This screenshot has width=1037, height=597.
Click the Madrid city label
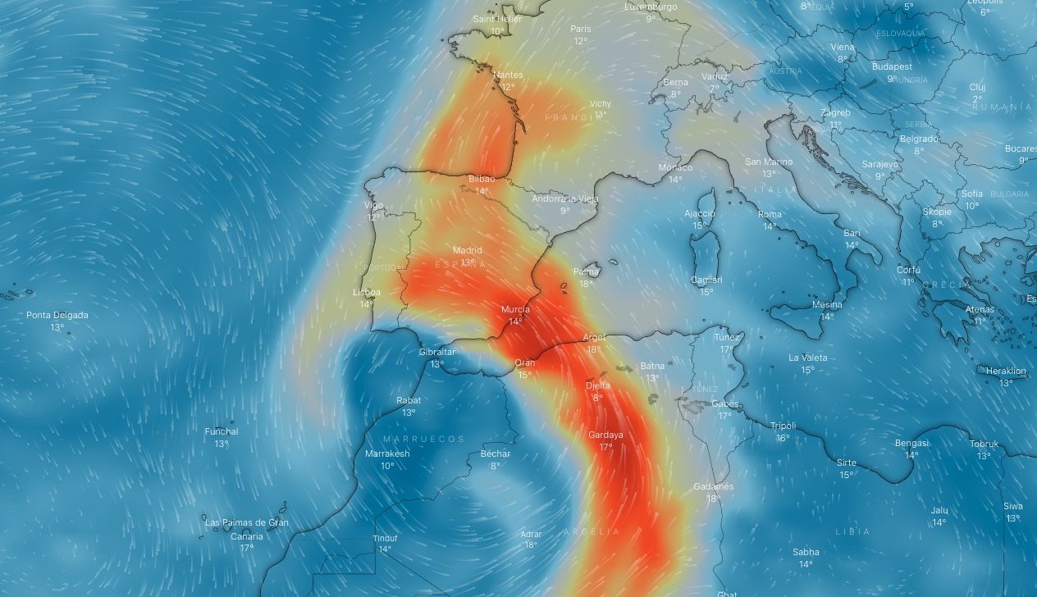coord(467,250)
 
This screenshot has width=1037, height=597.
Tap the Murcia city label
coord(515,309)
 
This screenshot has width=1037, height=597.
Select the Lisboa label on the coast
coord(367,292)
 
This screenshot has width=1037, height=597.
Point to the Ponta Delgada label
coord(57,315)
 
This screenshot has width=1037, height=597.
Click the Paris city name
coord(581,29)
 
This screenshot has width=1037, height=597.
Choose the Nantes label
coord(508,75)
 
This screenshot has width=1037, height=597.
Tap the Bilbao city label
coord(482,179)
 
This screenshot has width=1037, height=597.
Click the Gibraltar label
coord(436,352)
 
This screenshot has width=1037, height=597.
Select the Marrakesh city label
coord(387,453)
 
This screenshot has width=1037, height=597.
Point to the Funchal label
coord(222,431)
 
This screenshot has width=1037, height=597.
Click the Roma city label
coord(770,214)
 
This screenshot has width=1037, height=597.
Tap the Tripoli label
coord(783,426)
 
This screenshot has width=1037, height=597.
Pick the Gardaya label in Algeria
coord(605,435)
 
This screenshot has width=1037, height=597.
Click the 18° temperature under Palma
coord(586,284)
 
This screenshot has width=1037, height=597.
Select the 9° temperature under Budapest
coord(892,79)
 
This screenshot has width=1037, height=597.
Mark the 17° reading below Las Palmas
coord(246,548)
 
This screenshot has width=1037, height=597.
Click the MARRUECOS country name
coord(423,439)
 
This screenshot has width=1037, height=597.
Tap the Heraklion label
coord(1006,371)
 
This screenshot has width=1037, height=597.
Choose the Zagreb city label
coord(835,112)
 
